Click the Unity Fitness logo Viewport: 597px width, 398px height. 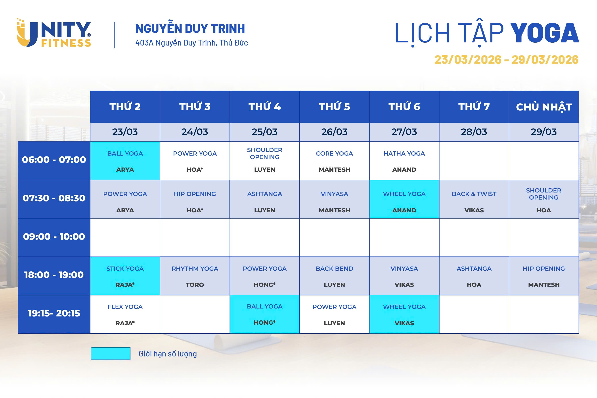pyautogui.click(x=54, y=33)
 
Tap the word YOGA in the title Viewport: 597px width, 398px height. pyautogui.click(x=544, y=33)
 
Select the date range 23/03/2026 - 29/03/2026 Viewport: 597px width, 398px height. pyautogui.click(x=506, y=60)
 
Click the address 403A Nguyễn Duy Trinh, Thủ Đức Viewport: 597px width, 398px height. pyautogui.click(x=191, y=43)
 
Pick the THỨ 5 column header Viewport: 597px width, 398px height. pyautogui.click(x=334, y=107)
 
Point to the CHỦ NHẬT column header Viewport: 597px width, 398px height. pyautogui.click(x=544, y=107)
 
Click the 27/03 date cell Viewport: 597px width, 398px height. pyautogui.click(x=404, y=132)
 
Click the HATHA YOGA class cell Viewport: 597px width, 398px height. pyautogui.click(x=404, y=161)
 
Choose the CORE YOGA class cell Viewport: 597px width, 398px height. pyautogui.click(x=334, y=161)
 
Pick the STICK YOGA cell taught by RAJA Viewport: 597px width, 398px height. pyautogui.click(x=125, y=276)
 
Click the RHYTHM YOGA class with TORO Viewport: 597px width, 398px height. pyautogui.click(x=195, y=276)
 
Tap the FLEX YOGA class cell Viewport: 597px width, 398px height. pyautogui.click(x=125, y=314)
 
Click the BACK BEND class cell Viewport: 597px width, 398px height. pyautogui.click(x=334, y=276)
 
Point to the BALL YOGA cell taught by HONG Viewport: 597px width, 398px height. pyautogui.click(x=265, y=314)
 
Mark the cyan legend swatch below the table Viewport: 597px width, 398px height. pyautogui.click(x=111, y=353)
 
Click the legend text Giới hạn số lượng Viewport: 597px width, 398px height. pyautogui.click(x=168, y=354)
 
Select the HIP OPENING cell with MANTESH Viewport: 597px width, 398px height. pyautogui.click(x=544, y=276)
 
